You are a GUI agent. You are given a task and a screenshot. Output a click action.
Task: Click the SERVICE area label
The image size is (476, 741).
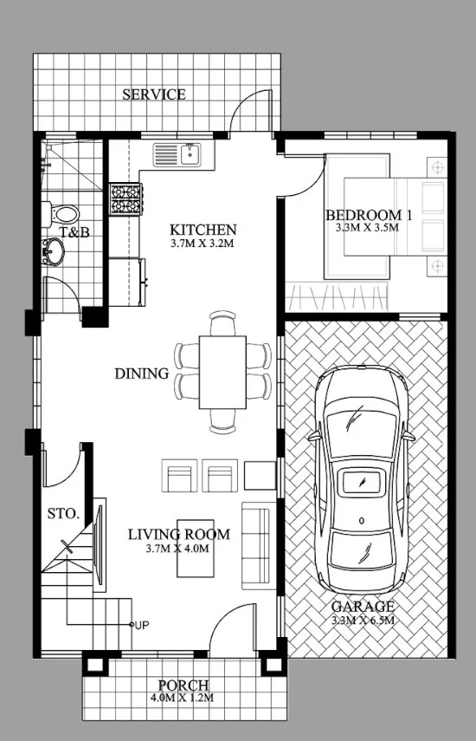coord(154,94)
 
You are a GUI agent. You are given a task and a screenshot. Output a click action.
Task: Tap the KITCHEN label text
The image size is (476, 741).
coord(203,231)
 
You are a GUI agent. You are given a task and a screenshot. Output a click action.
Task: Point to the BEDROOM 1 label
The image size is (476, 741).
coord(369,216)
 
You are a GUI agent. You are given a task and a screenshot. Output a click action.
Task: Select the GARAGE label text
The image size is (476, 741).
coord(363,607)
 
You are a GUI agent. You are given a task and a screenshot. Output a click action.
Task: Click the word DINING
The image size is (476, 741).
coord(142,374)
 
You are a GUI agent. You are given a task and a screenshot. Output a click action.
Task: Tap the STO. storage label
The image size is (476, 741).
coord(63,514)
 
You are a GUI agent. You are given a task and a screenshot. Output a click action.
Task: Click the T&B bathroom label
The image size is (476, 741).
coord(74,232)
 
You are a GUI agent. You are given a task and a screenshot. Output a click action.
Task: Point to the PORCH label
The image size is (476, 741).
coord(183,686)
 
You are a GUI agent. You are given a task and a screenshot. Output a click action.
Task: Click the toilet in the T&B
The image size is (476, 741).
coord(61,214)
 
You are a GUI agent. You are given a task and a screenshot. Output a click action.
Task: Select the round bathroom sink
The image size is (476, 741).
coord(53,251)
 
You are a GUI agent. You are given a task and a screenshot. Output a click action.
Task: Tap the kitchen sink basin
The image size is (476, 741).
coord(190,153)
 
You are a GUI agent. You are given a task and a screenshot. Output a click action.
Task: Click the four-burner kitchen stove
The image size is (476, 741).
coord(125,199)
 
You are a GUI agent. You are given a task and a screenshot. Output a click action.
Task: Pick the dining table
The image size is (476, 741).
coord(222,372)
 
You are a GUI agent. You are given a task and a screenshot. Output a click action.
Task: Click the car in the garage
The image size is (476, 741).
coord(362,479)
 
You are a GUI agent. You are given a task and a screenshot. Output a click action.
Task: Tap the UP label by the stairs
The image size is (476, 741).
coord(142,625)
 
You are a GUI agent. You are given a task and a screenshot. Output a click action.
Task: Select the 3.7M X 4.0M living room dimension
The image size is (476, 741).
coord(177,549)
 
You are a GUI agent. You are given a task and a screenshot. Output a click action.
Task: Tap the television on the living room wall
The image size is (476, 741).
coord(98,544)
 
